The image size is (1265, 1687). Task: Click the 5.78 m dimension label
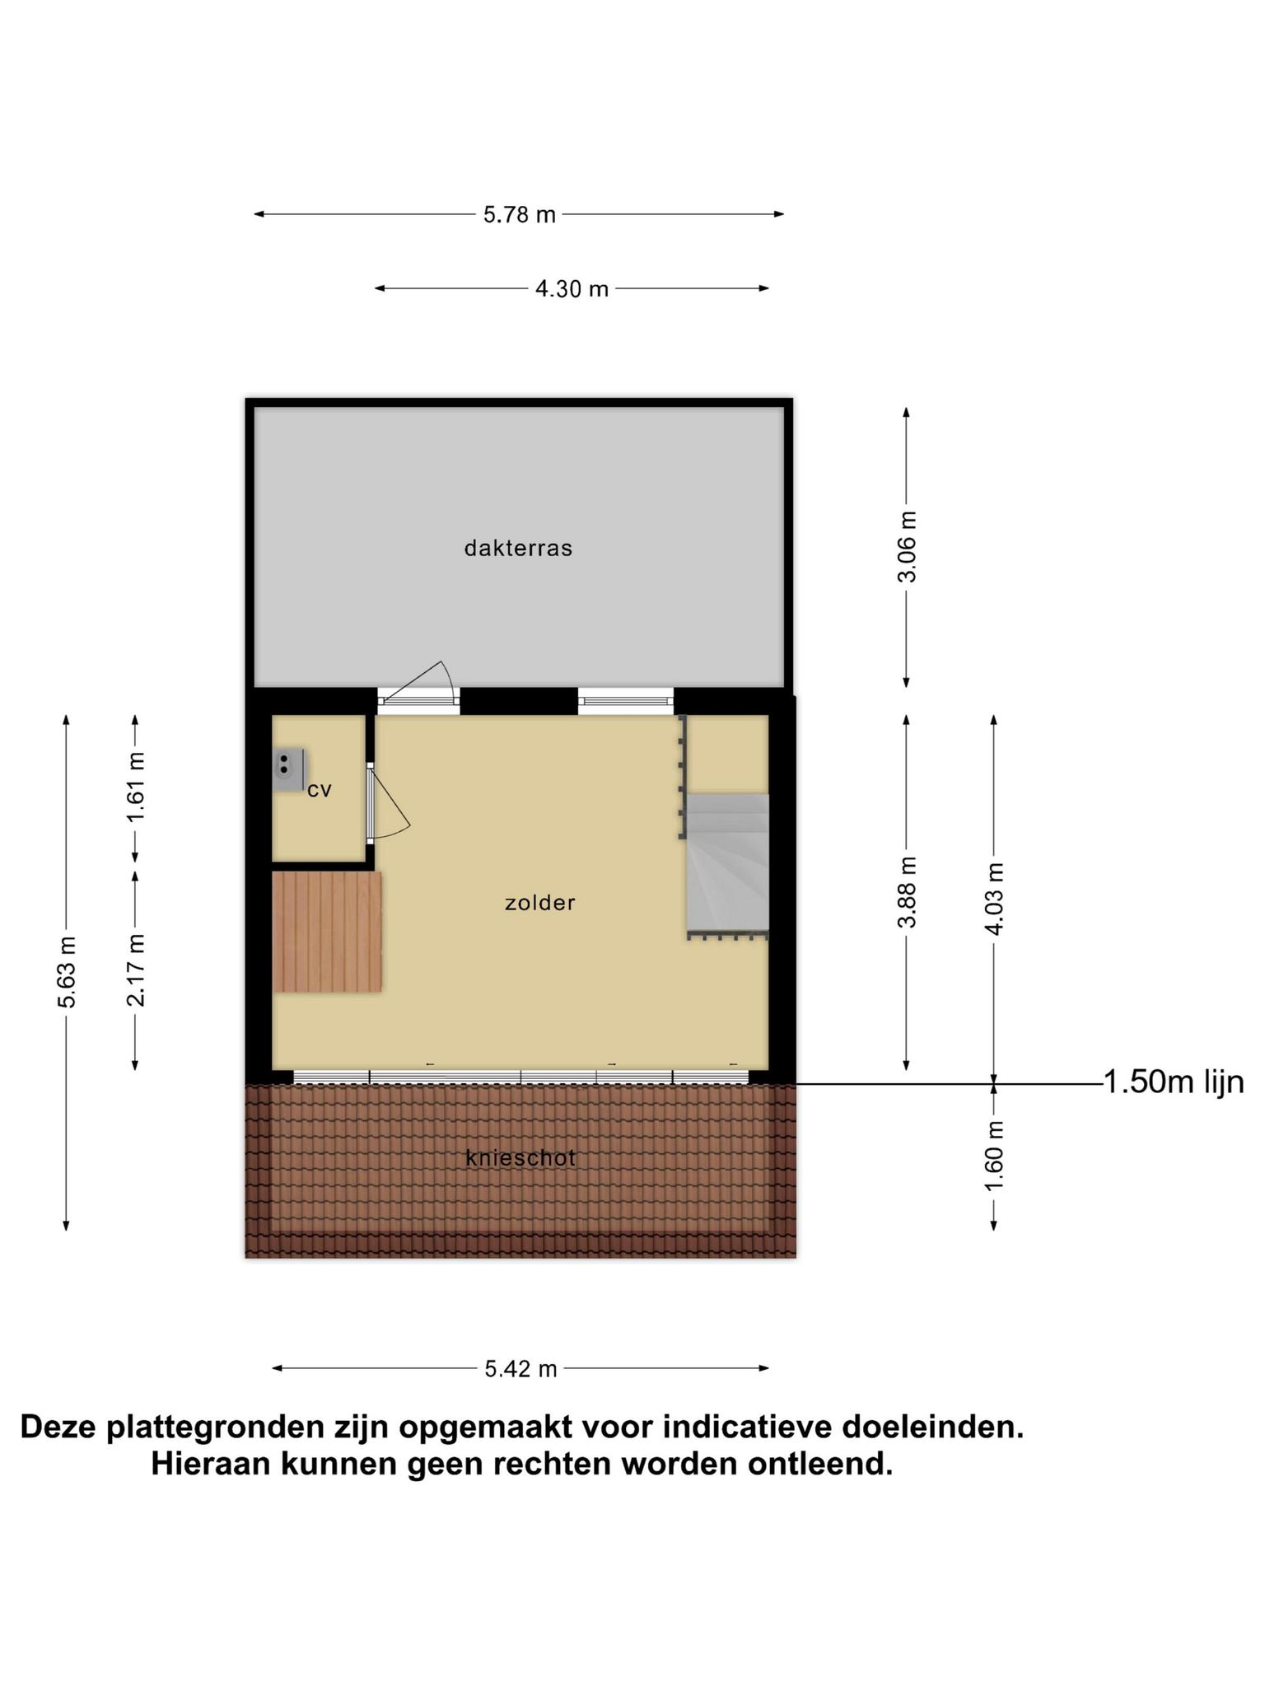pyautogui.click(x=519, y=215)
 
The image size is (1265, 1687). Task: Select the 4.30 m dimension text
pyautogui.click(x=572, y=289)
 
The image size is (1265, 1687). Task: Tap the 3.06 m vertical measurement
pyautogui.click(x=907, y=547)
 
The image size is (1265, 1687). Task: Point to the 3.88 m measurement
pyautogui.click(x=907, y=892)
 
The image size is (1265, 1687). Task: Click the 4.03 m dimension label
pyautogui.click(x=994, y=899)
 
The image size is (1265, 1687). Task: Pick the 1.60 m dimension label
pyautogui.click(x=994, y=1155)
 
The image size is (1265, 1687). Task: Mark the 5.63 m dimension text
pyautogui.click(x=67, y=972)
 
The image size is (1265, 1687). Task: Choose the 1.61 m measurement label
pyautogui.click(x=136, y=787)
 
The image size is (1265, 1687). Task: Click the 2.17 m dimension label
pyautogui.click(x=136, y=970)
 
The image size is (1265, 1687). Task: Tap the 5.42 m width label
pyautogui.click(x=520, y=1369)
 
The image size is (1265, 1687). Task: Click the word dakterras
pyautogui.click(x=518, y=549)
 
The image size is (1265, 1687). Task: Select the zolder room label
pyautogui.click(x=540, y=903)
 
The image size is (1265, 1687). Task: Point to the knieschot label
pyautogui.click(x=520, y=1158)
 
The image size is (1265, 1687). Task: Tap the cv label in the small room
pyautogui.click(x=319, y=790)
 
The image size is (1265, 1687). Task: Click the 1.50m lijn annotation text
pyautogui.click(x=1173, y=1082)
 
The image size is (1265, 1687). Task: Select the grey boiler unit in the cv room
pyautogui.click(x=287, y=770)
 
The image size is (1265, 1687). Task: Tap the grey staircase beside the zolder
pyautogui.click(x=728, y=865)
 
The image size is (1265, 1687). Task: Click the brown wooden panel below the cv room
pyautogui.click(x=327, y=932)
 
